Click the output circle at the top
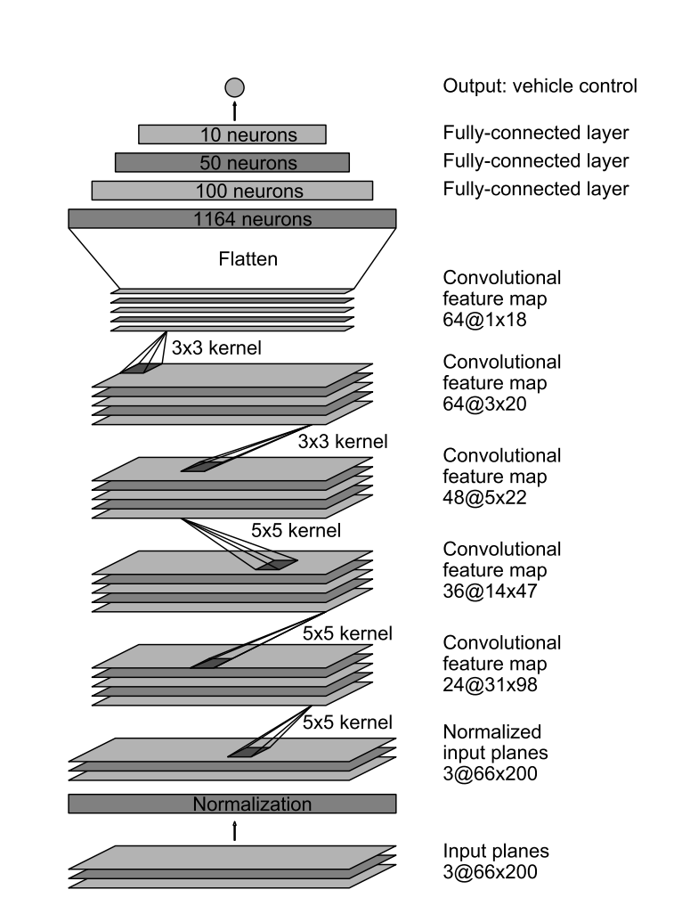coord(234,86)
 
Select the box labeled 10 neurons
coord(232,135)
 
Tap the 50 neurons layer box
coord(232,162)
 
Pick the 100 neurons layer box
coord(232,191)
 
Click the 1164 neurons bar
coord(232,219)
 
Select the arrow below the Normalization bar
coord(234,830)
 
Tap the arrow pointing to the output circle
coord(234,110)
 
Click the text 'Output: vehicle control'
coord(540,86)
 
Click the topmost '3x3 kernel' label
coord(216,348)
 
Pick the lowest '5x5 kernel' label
coord(348,721)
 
